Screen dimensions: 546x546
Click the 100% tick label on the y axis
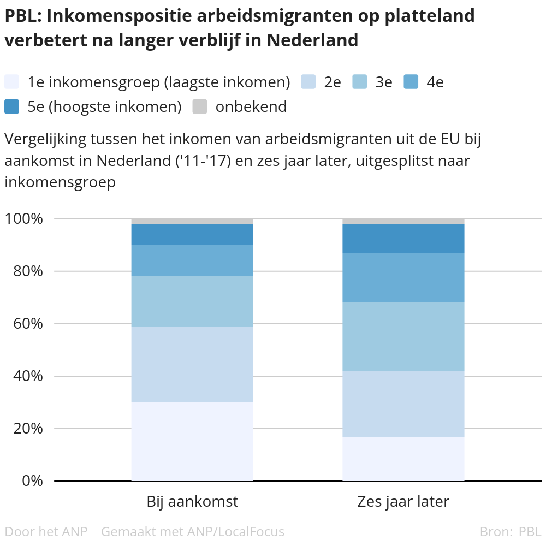pos(23,219)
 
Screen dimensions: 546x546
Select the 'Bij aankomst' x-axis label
pos(192,502)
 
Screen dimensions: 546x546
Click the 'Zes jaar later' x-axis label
pos(403,502)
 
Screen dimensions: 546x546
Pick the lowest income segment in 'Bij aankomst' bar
pos(192,441)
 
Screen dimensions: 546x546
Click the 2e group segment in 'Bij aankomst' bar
pos(192,364)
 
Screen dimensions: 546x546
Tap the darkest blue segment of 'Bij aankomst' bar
pos(192,234)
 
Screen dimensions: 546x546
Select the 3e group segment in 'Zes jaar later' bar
pos(403,337)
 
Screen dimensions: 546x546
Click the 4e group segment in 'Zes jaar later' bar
pos(403,278)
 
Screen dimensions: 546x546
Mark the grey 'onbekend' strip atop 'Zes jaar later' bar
pos(403,221)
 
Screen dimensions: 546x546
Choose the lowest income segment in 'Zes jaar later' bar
pos(403,459)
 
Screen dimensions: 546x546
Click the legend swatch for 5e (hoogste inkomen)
pos(11,106)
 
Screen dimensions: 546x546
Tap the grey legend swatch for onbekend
pos(200,106)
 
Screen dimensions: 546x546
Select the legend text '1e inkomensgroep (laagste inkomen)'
pos(158,82)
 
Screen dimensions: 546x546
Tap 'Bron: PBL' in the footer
pos(510,531)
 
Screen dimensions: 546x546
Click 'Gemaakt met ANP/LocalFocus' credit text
pos(193,531)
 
